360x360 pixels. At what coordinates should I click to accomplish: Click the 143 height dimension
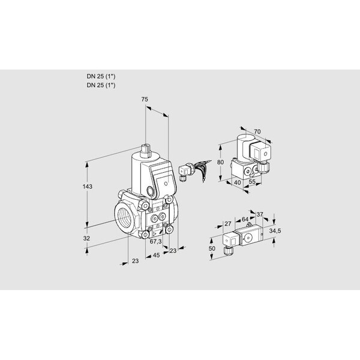coord(88,187)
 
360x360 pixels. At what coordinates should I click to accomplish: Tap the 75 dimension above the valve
coord(145,99)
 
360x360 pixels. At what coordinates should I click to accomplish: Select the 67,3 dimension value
coord(155,241)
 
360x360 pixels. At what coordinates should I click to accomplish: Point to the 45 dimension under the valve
coord(156,255)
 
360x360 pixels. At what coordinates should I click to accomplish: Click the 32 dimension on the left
coord(86,238)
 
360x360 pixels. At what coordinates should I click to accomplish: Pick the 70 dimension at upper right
coord(257,131)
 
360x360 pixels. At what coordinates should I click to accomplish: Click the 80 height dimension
coord(220,162)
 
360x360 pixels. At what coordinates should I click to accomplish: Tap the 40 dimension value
coord(238,182)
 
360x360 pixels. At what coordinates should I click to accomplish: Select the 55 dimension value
coord(252,181)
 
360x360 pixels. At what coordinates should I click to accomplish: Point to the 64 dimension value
coord(245,219)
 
